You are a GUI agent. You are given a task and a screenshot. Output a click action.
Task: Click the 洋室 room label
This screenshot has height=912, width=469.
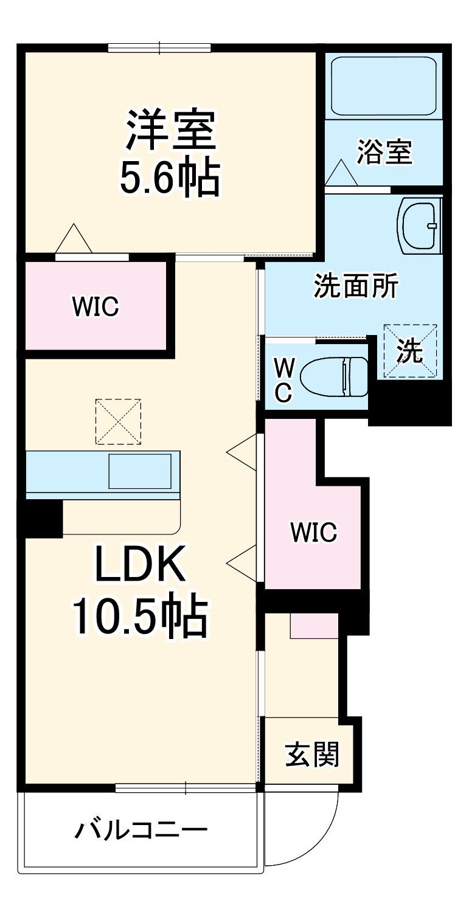coord(171,131)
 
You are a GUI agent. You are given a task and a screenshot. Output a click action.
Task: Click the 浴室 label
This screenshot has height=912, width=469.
coord(384,152)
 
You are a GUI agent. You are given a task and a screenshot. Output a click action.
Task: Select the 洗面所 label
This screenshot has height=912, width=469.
coord(356,286)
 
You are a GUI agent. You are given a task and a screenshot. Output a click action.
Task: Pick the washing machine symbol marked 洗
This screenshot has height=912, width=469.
coord(410,351)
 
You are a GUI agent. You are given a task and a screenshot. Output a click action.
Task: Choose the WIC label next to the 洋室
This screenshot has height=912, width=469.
coord(96,306)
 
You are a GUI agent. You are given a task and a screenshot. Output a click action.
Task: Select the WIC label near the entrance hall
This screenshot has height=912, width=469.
coord(313,533)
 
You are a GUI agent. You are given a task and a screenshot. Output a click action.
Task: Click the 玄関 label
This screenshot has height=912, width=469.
coord(311,755)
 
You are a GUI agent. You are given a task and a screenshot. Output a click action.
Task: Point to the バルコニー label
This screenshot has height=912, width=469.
coord(141,830)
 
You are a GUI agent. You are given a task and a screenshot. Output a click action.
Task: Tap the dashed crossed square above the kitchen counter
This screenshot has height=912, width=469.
coord(118,421)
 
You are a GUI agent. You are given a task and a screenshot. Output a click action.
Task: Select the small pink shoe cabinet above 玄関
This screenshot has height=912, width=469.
coord(314,626)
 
